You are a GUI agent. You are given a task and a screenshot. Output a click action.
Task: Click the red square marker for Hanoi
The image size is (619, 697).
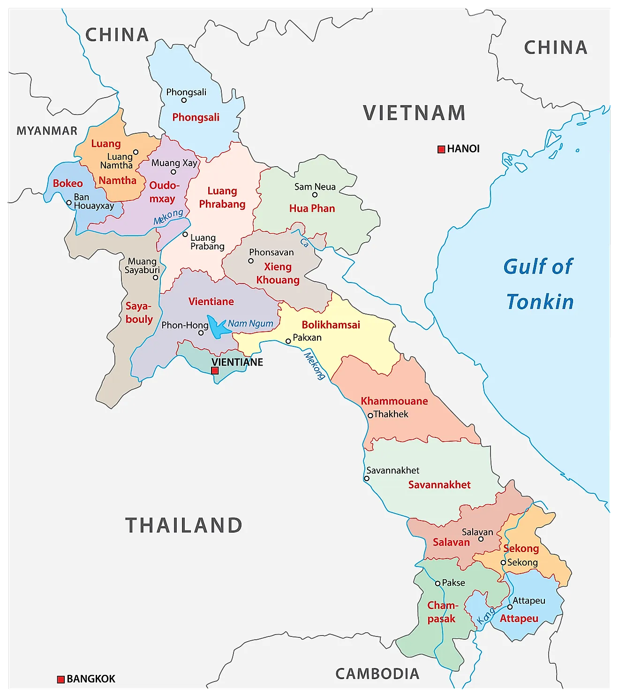tap(441, 149)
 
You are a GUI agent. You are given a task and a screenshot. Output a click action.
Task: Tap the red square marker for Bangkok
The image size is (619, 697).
tap(60, 679)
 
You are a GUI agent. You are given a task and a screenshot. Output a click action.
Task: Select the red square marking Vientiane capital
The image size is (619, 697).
tap(215, 371)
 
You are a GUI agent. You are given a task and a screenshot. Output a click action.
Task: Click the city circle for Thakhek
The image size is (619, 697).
tap(370, 415)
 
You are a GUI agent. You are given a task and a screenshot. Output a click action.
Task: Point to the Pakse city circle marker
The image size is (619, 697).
tap(438, 583)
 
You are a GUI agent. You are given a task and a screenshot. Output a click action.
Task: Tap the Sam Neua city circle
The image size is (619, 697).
tap(315, 195)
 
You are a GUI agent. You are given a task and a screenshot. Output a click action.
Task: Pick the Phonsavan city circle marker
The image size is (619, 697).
tap(251, 261)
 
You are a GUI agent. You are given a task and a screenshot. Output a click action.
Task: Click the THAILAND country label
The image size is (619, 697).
tap(184, 525)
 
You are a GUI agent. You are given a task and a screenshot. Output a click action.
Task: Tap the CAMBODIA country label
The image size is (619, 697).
tap(377, 674)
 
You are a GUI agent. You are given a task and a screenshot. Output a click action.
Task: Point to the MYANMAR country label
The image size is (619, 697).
tap(47, 131)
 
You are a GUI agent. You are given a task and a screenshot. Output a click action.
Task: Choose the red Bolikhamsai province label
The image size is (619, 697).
tap(331, 325)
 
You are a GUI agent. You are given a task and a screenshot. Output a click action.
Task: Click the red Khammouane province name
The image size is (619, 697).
tap(394, 401)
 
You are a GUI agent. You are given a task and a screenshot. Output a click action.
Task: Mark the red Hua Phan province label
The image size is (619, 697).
tap(312, 208)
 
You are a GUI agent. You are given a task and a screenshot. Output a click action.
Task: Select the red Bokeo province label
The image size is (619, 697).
tap(68, 184)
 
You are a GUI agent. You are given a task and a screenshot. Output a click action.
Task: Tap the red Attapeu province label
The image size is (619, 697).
tap(519, 619)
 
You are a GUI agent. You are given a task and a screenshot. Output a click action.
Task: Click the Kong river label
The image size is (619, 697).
tap(485, 616)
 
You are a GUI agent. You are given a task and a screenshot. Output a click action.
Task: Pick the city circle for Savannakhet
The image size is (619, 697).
tap(367, 479)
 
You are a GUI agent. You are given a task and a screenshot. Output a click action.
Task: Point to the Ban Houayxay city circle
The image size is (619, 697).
tap(69, 203)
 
